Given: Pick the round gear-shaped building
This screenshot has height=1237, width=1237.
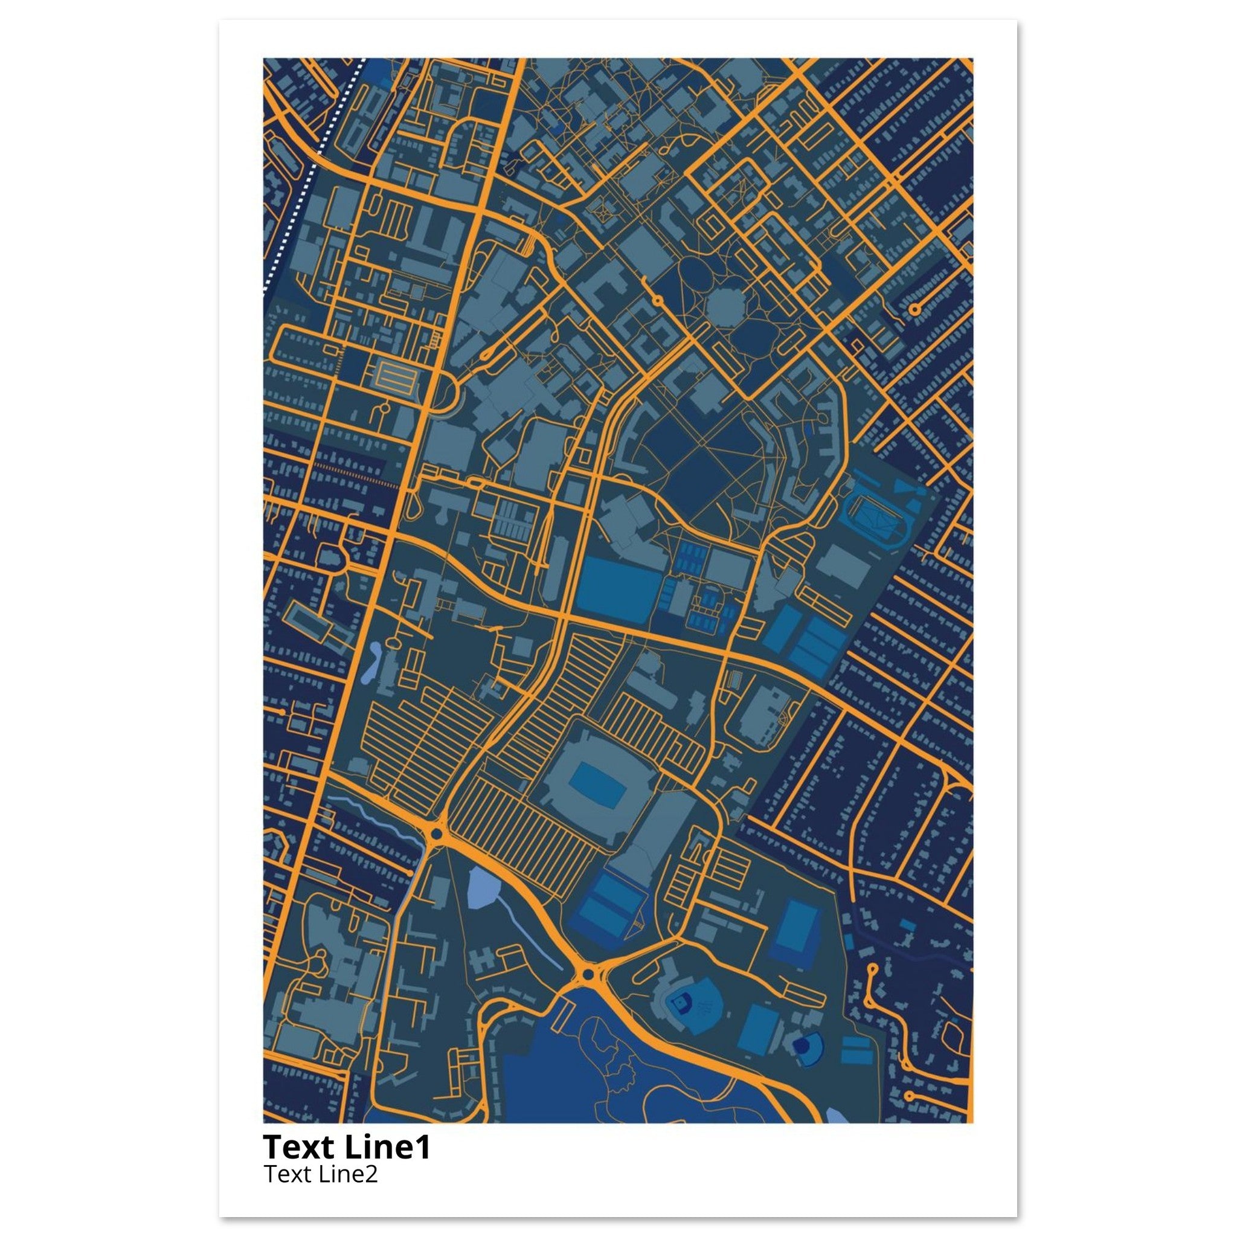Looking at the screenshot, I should [726, 308].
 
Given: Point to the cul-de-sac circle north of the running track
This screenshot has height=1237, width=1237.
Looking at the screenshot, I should [914, 309].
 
